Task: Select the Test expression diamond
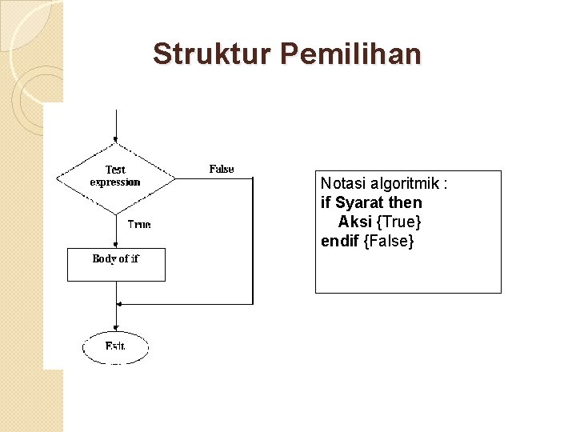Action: point(116,177)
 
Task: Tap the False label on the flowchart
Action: point(222,169)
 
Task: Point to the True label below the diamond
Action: point(139,225)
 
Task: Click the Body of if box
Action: point(116,265)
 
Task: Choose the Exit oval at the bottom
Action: point(115,347)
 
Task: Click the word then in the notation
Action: point(405,203)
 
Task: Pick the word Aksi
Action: point(354,222)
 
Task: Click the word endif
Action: point(340,240)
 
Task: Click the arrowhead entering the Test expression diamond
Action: point(117,142)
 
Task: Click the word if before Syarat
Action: point(326,203)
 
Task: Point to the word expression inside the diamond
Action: point(115,182)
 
